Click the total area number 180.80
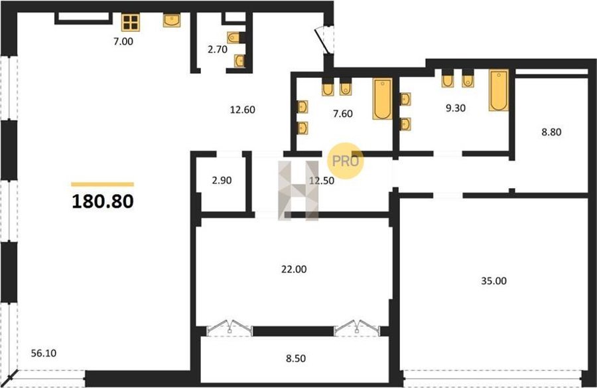102,201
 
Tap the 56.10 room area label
43,353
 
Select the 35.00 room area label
494,281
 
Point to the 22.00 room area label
294,269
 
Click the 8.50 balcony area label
296,359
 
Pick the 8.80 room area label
551,132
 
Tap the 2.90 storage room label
222,181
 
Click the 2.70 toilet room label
218,49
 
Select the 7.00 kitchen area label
123,41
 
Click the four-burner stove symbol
131,23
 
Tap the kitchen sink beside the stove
172,20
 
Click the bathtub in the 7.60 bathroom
383,99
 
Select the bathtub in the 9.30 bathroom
499,90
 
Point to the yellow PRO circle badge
346,161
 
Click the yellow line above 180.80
102,184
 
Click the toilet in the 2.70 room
235,37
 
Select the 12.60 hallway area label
243,110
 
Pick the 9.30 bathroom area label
456,108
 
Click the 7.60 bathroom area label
343,114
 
